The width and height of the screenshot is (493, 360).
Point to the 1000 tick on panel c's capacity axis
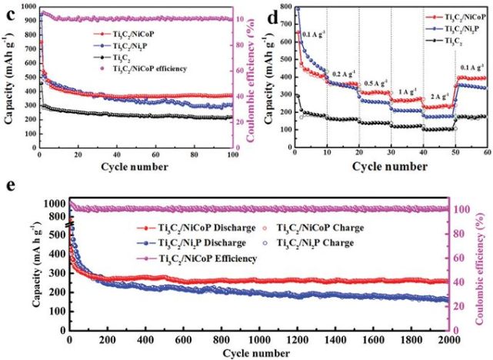27,6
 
